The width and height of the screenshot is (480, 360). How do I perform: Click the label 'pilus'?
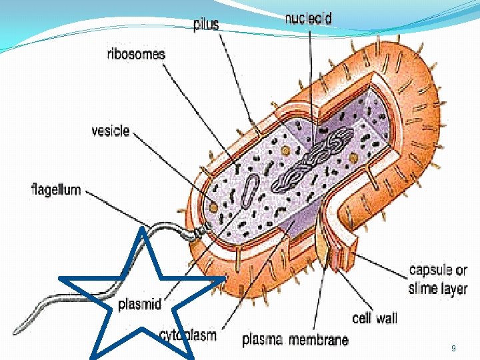tap(205, 25)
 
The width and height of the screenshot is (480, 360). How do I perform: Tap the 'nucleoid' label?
tap(308, 19)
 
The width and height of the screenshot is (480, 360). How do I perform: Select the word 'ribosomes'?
tap(136, 55)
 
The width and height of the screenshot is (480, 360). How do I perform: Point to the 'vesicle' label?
tap(110, 131)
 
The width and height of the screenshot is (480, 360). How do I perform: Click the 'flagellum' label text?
tap(56, 189)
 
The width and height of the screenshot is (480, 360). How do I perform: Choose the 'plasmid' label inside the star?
tap(139, 305)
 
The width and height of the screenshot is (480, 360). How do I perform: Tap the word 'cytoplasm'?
tap(188, 335)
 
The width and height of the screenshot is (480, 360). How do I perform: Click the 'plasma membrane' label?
tap(295, 340)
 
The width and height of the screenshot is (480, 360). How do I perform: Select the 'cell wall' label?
tap(375, 319)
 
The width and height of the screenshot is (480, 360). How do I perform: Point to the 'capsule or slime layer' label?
tap(438, 279)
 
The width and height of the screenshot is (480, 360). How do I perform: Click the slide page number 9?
tap(453, 349)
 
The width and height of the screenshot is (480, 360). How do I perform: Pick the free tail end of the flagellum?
tap(17, 331)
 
